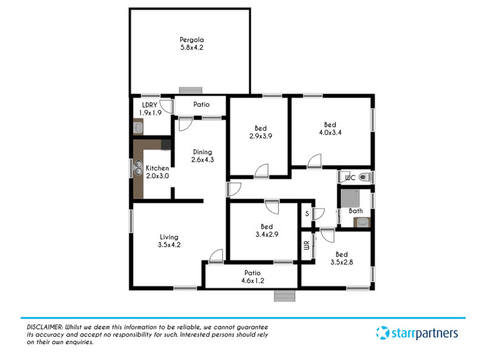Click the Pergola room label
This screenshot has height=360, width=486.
coord(192,40)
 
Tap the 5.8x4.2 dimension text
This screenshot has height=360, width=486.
coord(192,48)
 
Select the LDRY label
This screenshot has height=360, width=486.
coord(149,105)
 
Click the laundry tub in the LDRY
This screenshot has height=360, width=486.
coord(139,127)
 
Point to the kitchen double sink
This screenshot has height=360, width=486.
coord(139,168)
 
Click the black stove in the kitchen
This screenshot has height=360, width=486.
coord(166,144)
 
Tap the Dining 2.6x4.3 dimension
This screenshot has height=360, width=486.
coord(203,160)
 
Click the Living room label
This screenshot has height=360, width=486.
coord(169,237)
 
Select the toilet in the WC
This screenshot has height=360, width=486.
coord(364,177)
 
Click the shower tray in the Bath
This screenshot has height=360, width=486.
coord(351,199)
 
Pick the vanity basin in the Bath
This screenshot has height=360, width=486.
coord(362,222)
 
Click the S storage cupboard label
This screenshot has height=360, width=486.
coord(307,214)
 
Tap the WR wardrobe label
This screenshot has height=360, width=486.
coord(307,245)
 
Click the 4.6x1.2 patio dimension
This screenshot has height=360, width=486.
coord(253,280)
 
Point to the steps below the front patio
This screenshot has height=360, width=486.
coord(284,296)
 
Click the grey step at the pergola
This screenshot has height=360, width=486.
coord(191,90)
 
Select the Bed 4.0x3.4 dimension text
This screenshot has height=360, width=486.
coord(330,132)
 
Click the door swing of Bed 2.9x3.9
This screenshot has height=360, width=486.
coord(261,171)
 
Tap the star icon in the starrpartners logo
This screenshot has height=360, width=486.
coord(383,333)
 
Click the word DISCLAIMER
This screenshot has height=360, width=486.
coord(44,327)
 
